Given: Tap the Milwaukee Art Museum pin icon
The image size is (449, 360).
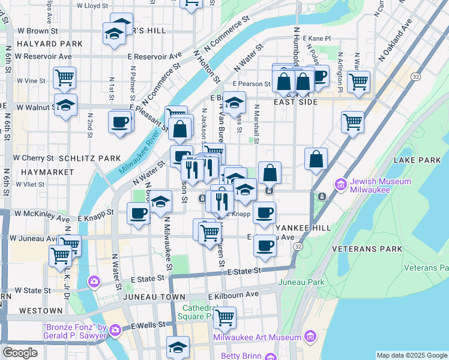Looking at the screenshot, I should click(x=310, y=336).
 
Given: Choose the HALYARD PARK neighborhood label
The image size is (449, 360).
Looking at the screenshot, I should click(x=41, y=44).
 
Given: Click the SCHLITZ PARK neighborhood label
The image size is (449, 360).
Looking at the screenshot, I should click(x=90, y=158).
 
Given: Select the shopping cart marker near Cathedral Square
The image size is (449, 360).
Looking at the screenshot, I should click(x=224, y=317).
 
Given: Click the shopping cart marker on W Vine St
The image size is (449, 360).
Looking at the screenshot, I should click(x=64, y=77).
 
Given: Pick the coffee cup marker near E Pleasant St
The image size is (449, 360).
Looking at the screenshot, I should click(x=120, y=122).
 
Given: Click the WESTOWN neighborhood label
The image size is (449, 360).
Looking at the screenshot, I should click(x=41, y=311).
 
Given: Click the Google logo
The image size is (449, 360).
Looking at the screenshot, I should click(x=20, y=353).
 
